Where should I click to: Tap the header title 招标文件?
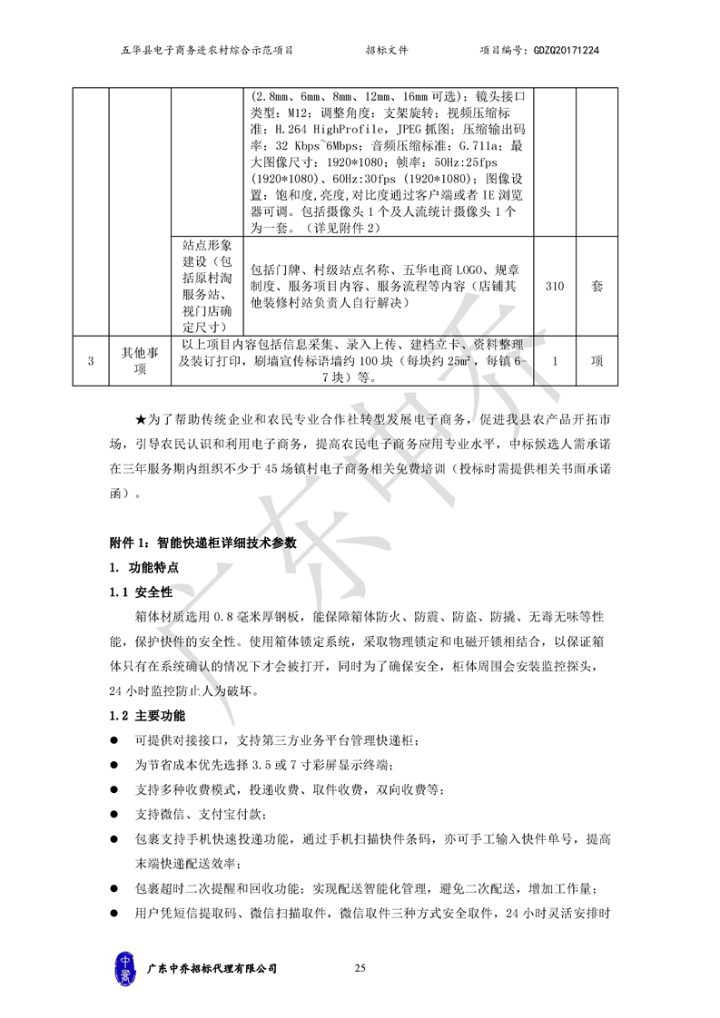click(x=387, y=51)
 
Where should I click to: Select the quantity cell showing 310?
click(x=555, y=287)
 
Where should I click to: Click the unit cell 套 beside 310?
click(x=597, y=287)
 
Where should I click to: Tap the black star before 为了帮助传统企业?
click(x=140, y=418)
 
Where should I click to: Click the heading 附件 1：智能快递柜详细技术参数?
click(x=203, y=543)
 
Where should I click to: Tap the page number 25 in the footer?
click(x=360, y=969)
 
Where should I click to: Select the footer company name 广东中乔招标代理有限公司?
click(x=212, y=969)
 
